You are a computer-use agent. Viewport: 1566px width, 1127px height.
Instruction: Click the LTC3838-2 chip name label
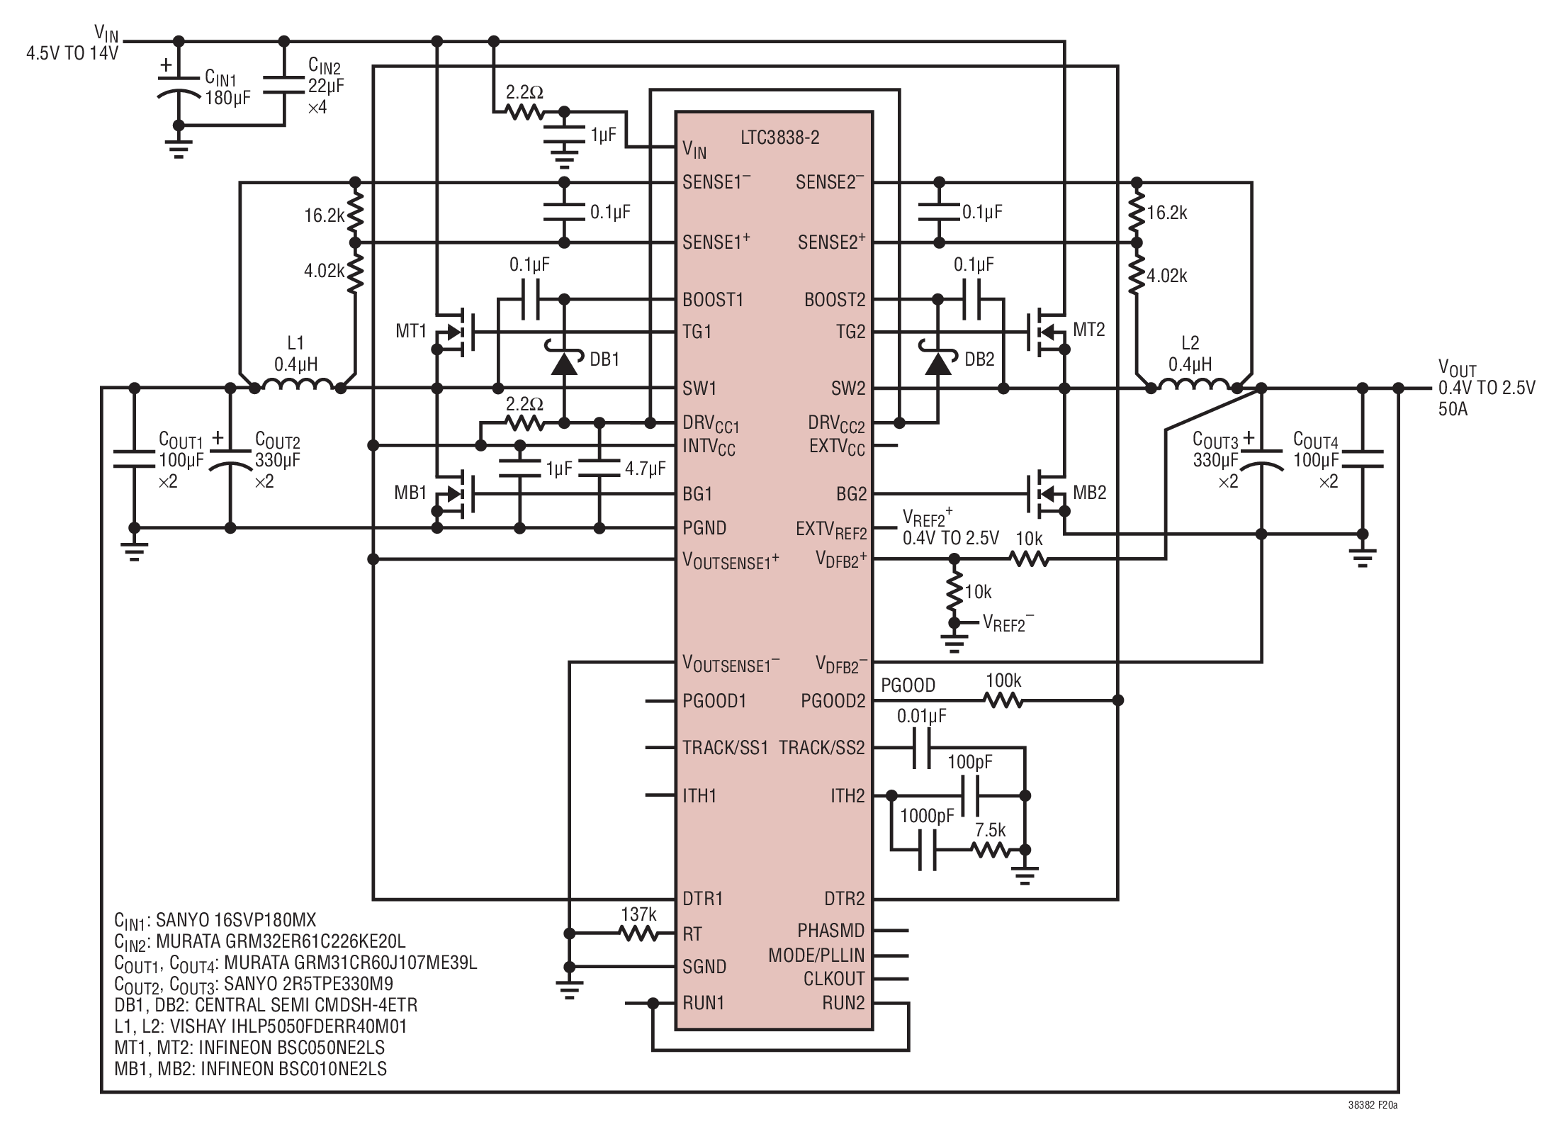[779, 138]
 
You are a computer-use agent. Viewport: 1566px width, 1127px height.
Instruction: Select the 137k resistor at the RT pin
[640, 933]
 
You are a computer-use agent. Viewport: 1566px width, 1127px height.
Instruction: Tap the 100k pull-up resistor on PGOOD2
[1003, 700]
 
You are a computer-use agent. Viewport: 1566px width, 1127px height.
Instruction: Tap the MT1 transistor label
[411, 331]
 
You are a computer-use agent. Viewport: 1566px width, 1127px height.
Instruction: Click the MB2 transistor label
[1090, 493]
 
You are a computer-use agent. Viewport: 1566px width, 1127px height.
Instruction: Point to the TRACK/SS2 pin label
[822, 748]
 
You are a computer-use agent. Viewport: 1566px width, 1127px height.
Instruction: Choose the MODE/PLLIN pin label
[816, 955]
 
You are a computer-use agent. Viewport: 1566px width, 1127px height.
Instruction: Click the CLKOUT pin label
[834, 979]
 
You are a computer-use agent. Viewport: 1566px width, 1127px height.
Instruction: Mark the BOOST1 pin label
[713, 300]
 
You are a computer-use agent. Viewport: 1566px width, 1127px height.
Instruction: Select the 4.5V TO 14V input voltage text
[72, 54]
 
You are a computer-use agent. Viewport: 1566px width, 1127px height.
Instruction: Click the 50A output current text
[1453, 410]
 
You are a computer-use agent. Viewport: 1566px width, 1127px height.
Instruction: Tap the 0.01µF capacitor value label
[921, 717]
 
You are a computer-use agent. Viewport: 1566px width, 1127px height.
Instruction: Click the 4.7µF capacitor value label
[645, 469]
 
